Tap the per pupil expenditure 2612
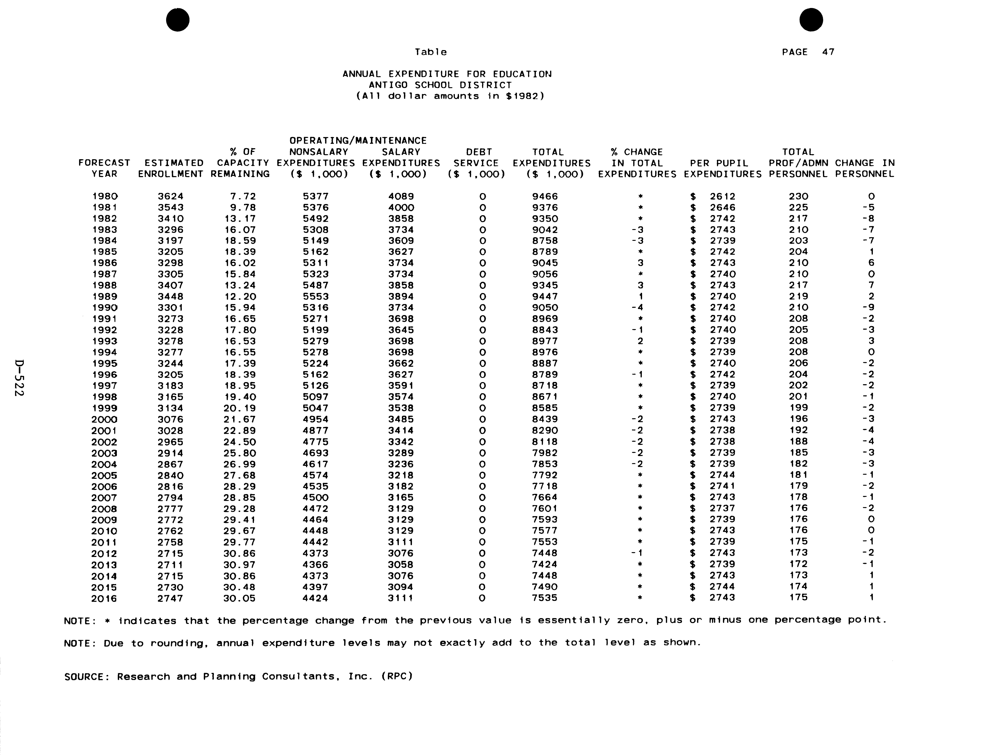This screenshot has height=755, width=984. pos(723,196)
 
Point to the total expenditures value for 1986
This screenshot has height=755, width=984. pos(545,263)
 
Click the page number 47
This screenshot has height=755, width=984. pos(828,52)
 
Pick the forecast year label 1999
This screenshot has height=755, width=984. pos(105,408)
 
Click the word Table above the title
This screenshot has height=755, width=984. pos(430,52)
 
